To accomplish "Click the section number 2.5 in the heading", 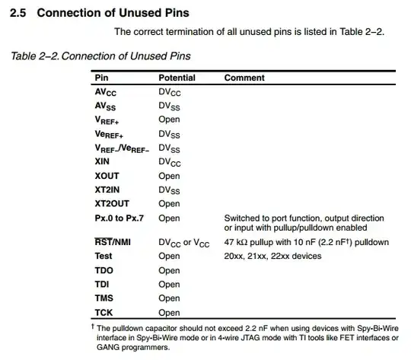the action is point(18,14).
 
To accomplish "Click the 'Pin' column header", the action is point(101,78).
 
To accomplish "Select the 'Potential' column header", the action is point(177,78).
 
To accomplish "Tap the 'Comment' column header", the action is point(244,78).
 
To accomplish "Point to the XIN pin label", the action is point(103,162).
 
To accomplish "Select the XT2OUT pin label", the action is point(112,204).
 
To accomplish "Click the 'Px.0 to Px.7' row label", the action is point(119,218).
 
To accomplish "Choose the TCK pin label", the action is point(104,313).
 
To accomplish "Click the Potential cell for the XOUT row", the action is point(169,176).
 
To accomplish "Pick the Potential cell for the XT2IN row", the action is point(169,190).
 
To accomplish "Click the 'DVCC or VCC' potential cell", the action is point(185,243).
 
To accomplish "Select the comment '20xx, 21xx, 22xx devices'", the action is point(272,256).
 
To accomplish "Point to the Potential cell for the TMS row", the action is point(169,298).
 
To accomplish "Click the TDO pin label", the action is point(104,270).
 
